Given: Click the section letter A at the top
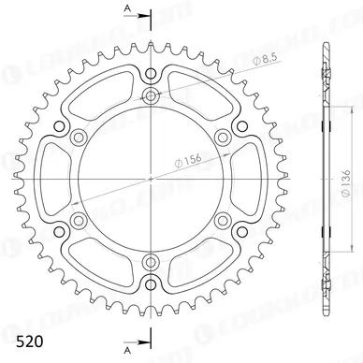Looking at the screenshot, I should tap(127, 7).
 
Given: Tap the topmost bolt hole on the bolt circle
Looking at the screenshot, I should tap(150, 95).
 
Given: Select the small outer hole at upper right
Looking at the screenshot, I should tap(240, 124).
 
